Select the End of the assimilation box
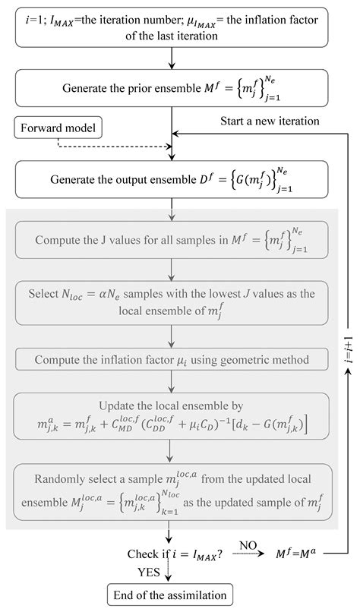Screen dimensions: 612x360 [170, 592]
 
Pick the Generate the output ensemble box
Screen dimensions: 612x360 [174, 179]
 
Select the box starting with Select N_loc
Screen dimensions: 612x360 [174, 302]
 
